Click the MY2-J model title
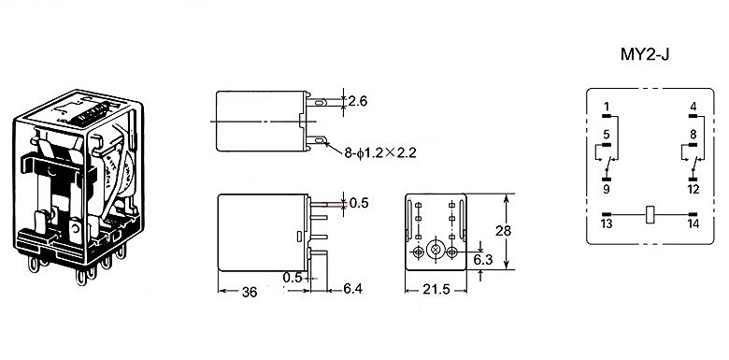coord(644,54)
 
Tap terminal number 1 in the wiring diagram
coord(607,107)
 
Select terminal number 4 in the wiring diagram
coord(693,107)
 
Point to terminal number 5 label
coord(607,136)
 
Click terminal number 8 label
coord(693,136)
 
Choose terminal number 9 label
coord(607,189)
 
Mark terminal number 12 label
coord(693,189)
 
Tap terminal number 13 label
coord(607,223)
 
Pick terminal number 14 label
coord(693,223)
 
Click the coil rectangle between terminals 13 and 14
coord(650,214)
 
